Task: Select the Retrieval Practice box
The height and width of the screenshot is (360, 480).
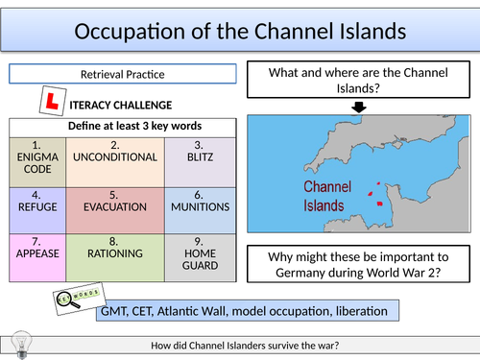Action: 121,74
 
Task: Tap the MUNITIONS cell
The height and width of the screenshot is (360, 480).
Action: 200,205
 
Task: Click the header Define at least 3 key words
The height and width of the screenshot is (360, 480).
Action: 121,125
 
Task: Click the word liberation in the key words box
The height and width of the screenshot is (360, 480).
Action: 360,312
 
